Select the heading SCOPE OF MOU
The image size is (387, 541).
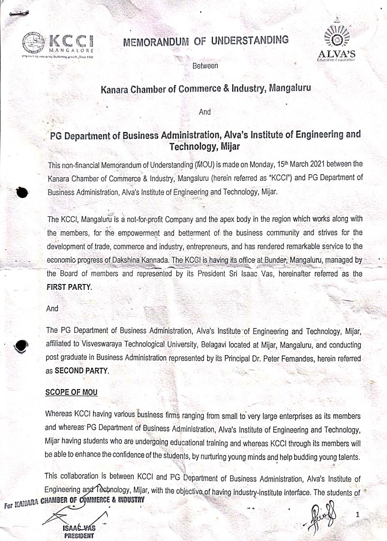pos(71,392)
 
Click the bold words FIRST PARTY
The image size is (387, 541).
pos(68,287)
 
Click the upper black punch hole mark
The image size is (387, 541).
pos(23,192)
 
